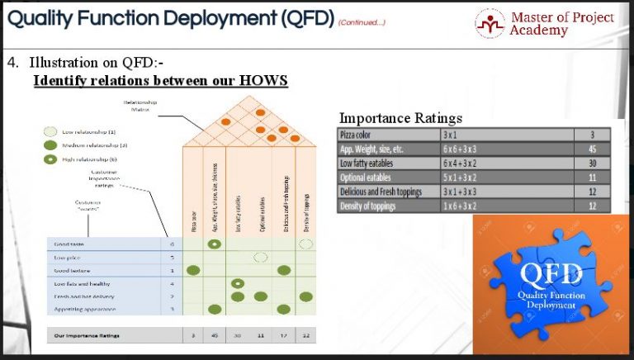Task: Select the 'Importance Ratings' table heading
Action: tap(401, 118)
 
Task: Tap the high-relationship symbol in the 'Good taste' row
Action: tap(215, 244)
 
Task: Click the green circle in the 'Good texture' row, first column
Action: tap(193, 270)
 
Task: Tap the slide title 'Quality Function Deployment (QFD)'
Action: tap(168, 18)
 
